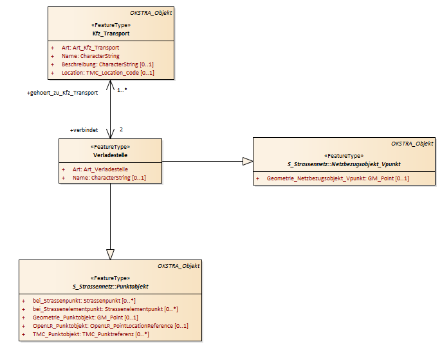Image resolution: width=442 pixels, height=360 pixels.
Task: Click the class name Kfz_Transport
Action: click(111, 33)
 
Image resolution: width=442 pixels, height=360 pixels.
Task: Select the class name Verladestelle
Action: click(110, 155)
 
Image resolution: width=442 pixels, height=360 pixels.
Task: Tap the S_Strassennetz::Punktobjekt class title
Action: click(110, 287)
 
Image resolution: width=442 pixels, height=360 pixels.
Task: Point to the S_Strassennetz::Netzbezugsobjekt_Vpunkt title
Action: click(344, 164)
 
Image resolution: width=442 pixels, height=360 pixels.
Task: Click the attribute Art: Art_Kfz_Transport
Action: click(90, 48)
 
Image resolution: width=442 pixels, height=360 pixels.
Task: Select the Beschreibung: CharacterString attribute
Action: click(107, 64)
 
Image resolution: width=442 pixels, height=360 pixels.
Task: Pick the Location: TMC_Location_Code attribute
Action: click(107, 73)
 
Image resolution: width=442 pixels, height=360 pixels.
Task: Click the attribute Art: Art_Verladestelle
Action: click(100, 169)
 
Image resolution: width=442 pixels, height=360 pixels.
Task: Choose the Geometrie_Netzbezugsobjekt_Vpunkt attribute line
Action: click(338, 178)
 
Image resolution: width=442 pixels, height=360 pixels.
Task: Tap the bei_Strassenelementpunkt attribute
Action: click(105, 309)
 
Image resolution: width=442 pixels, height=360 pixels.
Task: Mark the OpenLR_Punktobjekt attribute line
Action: click(110, 326)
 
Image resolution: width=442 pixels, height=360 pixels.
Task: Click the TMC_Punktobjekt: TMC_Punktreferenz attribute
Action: click(91, 334)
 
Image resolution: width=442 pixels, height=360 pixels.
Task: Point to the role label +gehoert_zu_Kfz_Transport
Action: click(62, 93)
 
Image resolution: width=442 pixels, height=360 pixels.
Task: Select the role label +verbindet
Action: click(84, 130)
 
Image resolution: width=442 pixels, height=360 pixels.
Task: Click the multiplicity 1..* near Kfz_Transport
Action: click(122, 90)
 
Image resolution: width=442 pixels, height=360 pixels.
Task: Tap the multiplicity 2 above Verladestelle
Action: click(121, 129)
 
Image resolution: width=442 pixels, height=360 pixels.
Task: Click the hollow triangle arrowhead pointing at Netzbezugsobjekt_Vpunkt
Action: click(248, 162)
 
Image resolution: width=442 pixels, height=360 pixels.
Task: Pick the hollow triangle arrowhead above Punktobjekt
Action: click(110, 254)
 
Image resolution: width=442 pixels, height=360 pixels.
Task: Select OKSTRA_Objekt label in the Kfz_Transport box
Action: click(151, 13)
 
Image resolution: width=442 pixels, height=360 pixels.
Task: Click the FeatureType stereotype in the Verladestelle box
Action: click(110, 147)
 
